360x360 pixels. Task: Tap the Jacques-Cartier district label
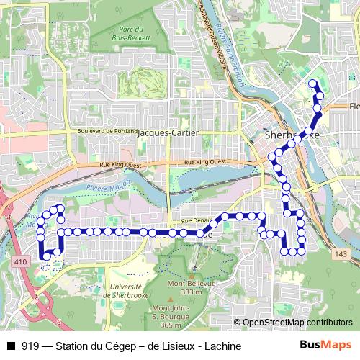(167, 133)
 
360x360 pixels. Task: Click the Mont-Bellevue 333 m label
(192, 287)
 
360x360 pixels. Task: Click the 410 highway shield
(19, 264)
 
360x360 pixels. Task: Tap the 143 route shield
(340, 253)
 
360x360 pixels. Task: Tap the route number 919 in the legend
(30, 346)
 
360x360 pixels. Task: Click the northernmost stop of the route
(312, 84)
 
